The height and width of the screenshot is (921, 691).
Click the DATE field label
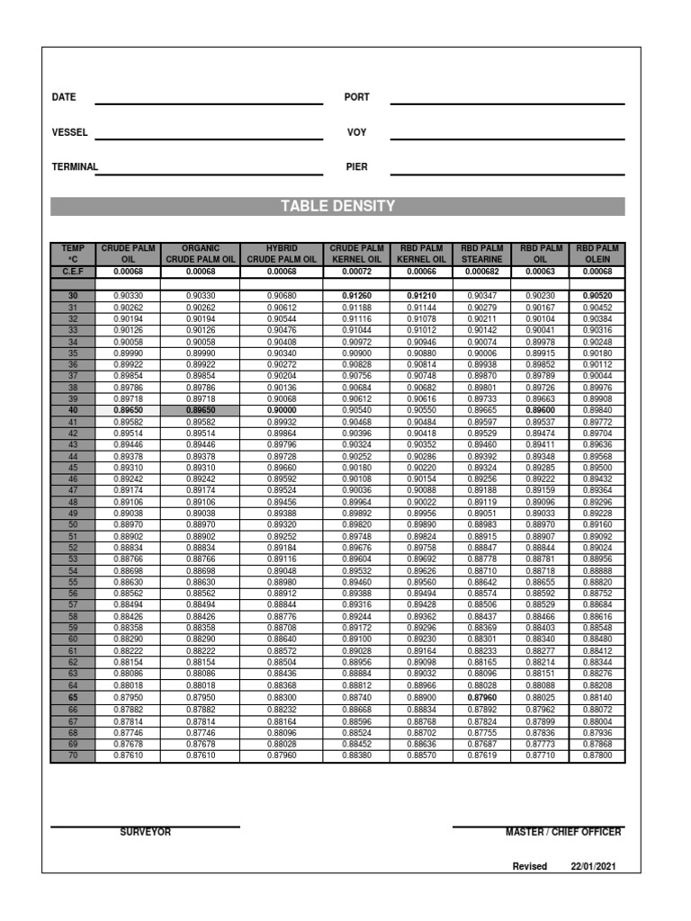point(64,97)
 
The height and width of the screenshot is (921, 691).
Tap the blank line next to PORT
point(507,103)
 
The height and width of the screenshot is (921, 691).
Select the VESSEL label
point(69,132)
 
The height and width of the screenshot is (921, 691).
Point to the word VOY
point(356,132)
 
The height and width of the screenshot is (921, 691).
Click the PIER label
point(356,166)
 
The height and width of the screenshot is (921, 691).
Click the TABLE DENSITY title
point(337,206)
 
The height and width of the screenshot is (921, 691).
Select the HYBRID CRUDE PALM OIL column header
point(282,254)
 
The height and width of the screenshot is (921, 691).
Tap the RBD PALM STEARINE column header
point(481,254)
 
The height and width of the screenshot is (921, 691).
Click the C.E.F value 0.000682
point(481,271)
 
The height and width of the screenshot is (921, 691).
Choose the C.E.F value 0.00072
point(357,271)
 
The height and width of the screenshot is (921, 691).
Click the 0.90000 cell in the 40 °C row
point(282,410)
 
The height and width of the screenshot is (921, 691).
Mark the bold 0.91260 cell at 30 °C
point(357,295)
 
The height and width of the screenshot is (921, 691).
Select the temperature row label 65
point(72,698)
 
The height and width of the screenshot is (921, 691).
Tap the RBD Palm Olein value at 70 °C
point(597,756)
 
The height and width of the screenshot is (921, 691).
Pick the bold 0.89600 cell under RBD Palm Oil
point(540,410)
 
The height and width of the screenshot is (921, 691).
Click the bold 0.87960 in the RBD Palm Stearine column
point(481,698)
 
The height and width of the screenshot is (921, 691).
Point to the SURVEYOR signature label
point(145,832)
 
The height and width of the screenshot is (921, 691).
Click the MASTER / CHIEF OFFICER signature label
point(562,832)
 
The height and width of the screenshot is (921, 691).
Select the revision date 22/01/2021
point(593,866)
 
